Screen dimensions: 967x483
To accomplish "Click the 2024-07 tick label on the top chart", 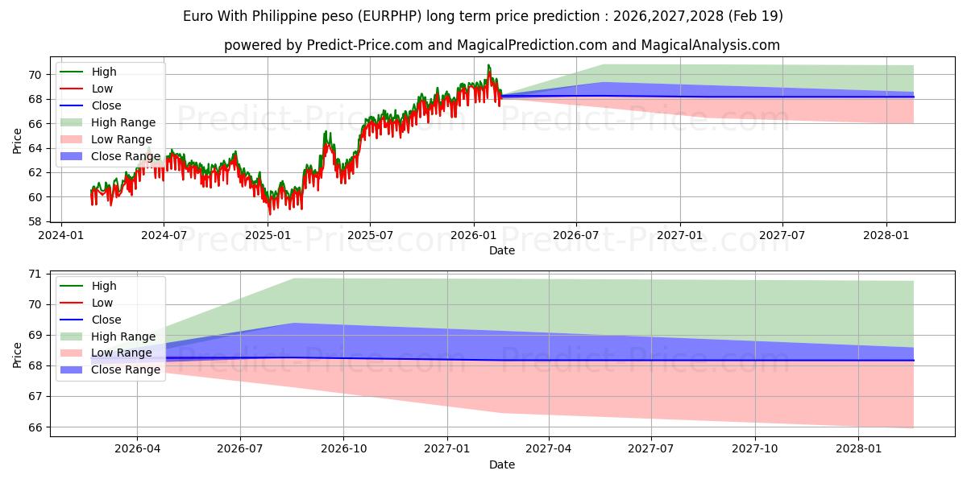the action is tap(164, 235).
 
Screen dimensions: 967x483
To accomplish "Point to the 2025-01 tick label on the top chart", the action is tap(268, 235).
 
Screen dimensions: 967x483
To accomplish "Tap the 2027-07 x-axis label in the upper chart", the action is tap(782, 235).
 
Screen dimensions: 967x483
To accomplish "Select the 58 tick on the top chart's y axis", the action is tap(35, 221).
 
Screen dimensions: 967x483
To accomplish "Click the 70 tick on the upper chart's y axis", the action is tap(35, 75).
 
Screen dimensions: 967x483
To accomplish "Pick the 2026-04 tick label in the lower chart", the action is tap(137, 449).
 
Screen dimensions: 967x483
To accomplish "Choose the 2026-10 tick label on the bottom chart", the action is tap(343, 449).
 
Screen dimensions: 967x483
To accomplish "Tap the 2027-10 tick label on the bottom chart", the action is tap(755, 449).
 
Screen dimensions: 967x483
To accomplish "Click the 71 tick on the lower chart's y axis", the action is tap(35, 275).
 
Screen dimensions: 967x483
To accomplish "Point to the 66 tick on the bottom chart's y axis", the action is tap(35, 427).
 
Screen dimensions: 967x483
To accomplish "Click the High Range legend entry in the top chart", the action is tap(108, 122).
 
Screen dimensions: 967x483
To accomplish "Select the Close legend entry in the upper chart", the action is tap(90, 105).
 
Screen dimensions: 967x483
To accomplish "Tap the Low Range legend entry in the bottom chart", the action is tap(106, 353).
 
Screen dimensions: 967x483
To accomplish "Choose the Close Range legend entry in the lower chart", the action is tap(110, 369).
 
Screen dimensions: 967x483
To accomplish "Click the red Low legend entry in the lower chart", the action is tap(86, 303).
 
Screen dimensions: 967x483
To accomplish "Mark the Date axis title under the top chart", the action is tap(501, 250).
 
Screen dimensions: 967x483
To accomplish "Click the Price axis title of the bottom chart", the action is tap(17, 355).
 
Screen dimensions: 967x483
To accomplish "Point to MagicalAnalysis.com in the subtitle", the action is tap(711, 45).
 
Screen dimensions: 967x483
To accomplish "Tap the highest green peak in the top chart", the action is tap(488, 65).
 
